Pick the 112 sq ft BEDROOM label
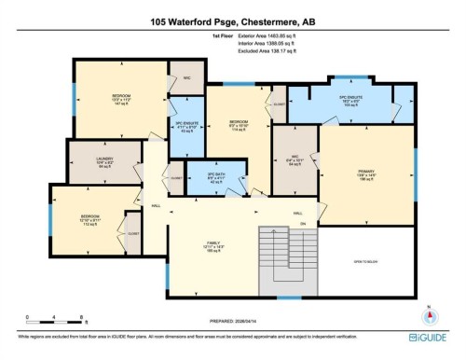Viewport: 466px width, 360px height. click(x=89, y=219)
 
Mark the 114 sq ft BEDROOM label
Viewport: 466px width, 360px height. click(x=238, y=124)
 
